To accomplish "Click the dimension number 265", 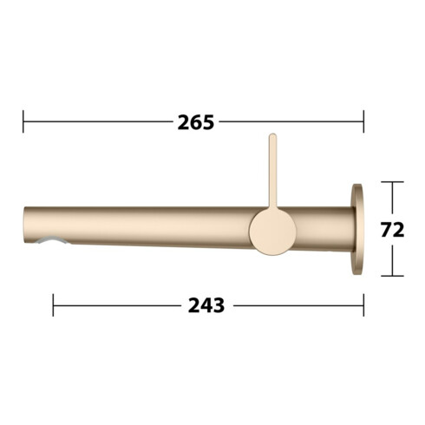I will pos(195,122).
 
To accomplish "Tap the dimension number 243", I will pos(207,305).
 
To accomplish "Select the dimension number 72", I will pos(394,230).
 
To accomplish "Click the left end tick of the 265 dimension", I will pos(23,121).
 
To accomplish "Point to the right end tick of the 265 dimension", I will pos(363,121).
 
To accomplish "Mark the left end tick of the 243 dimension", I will pos(53,304).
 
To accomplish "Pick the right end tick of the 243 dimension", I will pos(363,304).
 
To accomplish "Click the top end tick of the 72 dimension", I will pos(392,182).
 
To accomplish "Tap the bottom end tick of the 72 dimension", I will pos(392,276).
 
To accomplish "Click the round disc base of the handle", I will pos(272,232).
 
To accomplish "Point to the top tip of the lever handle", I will pos(272,137).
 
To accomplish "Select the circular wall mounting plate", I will pos(356,229).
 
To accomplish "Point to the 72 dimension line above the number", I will pos(392,200).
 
